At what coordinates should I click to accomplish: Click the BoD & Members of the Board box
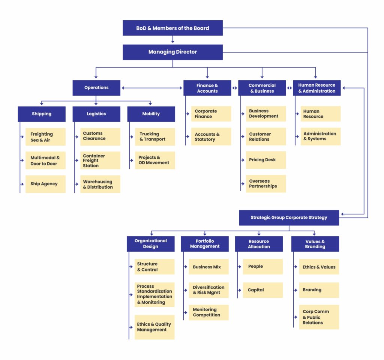click(x=172, y=28)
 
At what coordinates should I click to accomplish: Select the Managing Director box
click(x=172, y=52)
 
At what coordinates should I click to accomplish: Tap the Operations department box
click(x=96, y=88)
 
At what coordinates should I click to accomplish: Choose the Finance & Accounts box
click(x=207, y=88)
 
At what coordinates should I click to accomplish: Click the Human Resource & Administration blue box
click(x=316, y=88)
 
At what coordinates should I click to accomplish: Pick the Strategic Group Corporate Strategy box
click(x=289, y=217)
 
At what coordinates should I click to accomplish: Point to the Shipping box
click(x=42, y=114)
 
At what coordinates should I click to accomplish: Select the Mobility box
click(x=151, y=114)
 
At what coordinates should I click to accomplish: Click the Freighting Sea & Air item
click(x=45, y=137)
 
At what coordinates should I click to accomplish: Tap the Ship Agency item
click(x=45, y=184)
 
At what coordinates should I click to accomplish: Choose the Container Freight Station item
click(x=100, y=160)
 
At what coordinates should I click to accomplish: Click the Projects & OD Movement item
click(x=155, y=160)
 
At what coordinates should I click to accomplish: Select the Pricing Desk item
click(x=266, y=160)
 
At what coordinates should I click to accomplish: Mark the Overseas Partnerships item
click(x=266, y=184)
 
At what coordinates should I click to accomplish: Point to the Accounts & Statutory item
click(x=211, y=136)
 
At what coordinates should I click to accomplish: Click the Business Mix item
click(x=208, y=267)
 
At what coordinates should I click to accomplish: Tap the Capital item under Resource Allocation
click(x=262, y=290)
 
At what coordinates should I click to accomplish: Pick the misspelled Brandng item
click(x=319, y=290)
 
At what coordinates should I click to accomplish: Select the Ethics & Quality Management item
click(x=154, y=327)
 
